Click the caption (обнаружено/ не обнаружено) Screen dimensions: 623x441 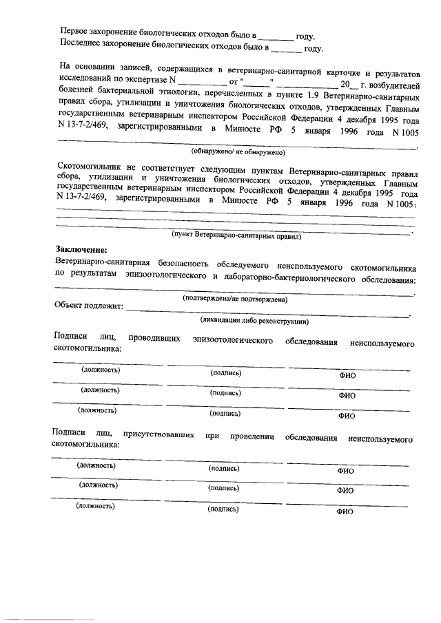tap(238, 151)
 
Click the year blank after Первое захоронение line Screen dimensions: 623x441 tap(276, 34)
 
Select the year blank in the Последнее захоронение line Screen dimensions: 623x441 tap(285, 48)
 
